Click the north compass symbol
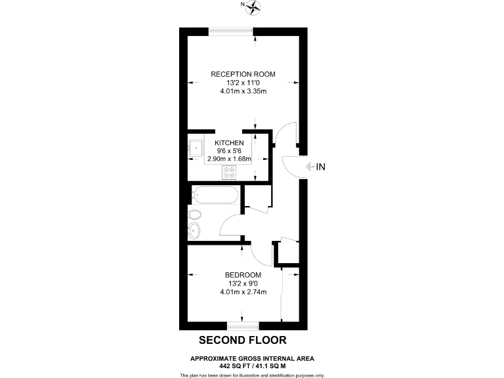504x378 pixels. pyautogui.click(x=253, y=7)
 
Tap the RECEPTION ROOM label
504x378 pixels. pyautogui.click(x=243, y=74)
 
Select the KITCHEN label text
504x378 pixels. pyautogui.click(x=229, y=142)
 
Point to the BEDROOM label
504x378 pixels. pyautogui.click(x=243, y=274)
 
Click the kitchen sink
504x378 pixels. pyautogui.click(x=196, y=148)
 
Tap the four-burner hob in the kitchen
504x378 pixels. pyautogui.click(x=230, y=173)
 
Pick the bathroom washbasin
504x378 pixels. pyautogui.click(x=194, y=230)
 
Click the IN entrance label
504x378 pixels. pyautogui.click(x=320, y=167)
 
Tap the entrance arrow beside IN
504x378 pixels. pyautogui.click(x=308, y=167)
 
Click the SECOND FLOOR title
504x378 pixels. pyautogui.click(x=243, y=340)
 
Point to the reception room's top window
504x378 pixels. pyautogui.click(x=231, y=30)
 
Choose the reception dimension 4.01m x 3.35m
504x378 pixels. pyautogui.click(x=243, y=91)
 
